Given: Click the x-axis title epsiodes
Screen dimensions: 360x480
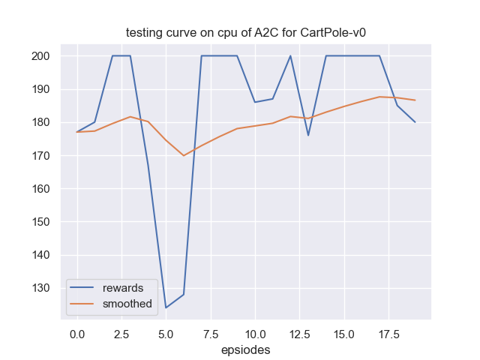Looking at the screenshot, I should click(245, 349).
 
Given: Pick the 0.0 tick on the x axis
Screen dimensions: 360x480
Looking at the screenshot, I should click(76, 332).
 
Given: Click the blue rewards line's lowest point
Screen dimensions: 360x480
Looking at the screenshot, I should click(166, 307).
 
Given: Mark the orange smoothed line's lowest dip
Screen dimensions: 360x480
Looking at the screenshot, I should click(184, 155).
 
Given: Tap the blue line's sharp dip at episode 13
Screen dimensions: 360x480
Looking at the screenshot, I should click(308, 135).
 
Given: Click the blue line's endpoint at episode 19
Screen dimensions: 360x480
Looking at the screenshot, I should click(415, 122).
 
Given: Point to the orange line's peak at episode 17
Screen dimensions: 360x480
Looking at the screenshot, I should click(379, 97).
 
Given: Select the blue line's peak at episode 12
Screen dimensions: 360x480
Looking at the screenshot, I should click(290, 56).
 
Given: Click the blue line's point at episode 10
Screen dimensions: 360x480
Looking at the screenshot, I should click(255, 102).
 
